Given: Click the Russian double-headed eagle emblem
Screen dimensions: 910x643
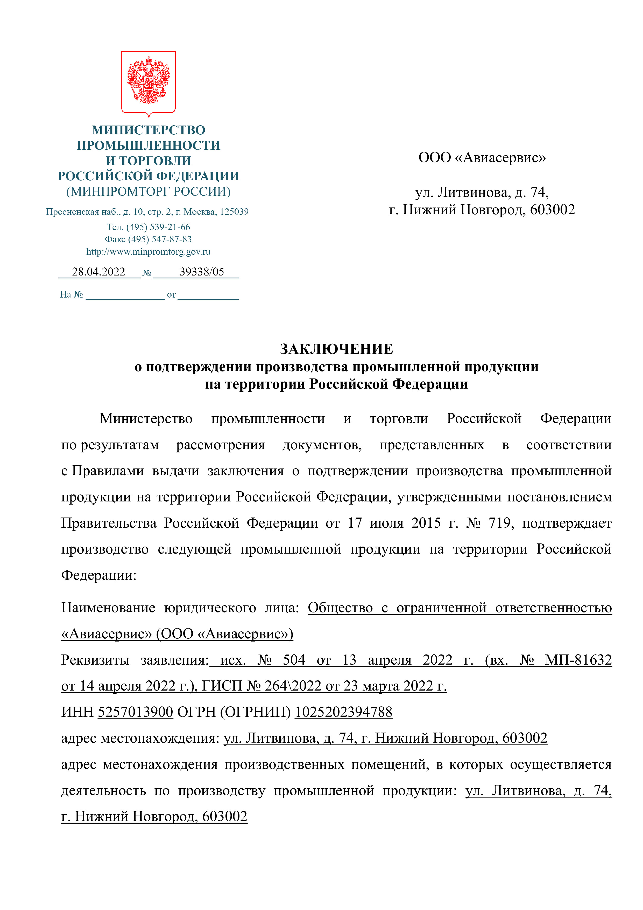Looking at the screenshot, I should click(148, 81).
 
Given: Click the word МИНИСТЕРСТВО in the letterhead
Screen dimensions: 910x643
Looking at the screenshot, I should click(149, 130).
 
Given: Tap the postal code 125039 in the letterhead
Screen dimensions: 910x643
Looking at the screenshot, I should click(234, 212).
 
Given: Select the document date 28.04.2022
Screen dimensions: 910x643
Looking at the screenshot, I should click(98, 272).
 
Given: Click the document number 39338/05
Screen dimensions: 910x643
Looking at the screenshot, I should click(202, 272).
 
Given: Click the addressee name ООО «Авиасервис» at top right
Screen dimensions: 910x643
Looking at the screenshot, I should click(482, 158).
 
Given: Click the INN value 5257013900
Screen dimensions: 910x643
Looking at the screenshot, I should click(135, 712).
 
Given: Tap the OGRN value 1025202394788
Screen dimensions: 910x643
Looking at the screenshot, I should click(343, 712).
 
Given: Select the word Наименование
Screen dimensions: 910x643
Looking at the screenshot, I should click(108, 608).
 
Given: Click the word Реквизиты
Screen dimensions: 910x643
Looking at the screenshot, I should click(95, 660).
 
